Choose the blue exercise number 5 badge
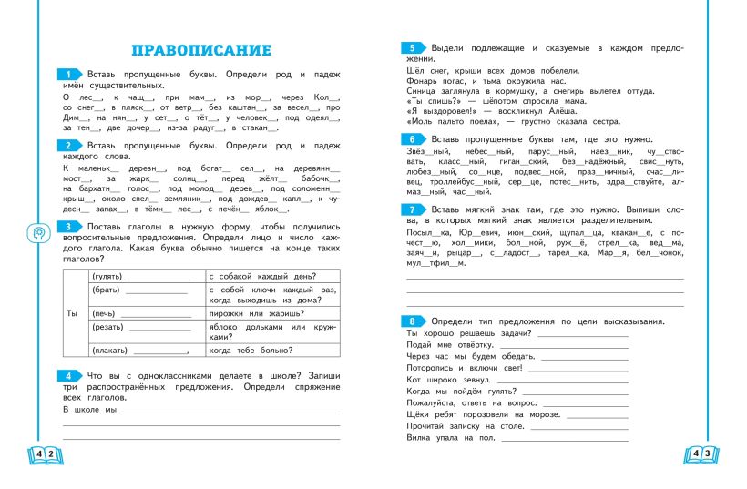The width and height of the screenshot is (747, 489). pos(412,47)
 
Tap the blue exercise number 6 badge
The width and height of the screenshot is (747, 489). pos(412,139)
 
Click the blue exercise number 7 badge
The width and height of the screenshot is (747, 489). pos(412,209)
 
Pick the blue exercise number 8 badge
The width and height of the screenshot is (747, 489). pos(412,321)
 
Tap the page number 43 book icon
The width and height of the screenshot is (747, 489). pos(701,453)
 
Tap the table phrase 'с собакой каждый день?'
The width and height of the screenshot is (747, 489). pos(262,276)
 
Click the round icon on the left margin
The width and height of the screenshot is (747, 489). pos(38,232)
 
